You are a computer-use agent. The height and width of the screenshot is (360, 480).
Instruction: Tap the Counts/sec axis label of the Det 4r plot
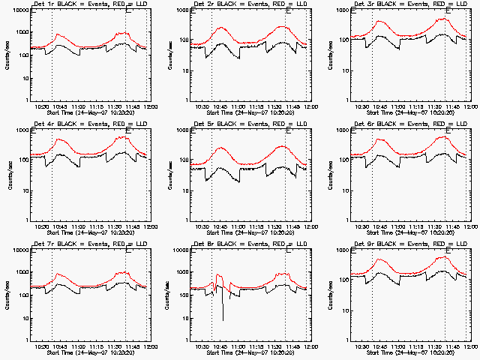pos(9,174)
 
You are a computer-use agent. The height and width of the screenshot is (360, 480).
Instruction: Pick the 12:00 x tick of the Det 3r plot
pos(469,106)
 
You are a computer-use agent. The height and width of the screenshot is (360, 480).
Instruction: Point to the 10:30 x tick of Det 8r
pos(202,345)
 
